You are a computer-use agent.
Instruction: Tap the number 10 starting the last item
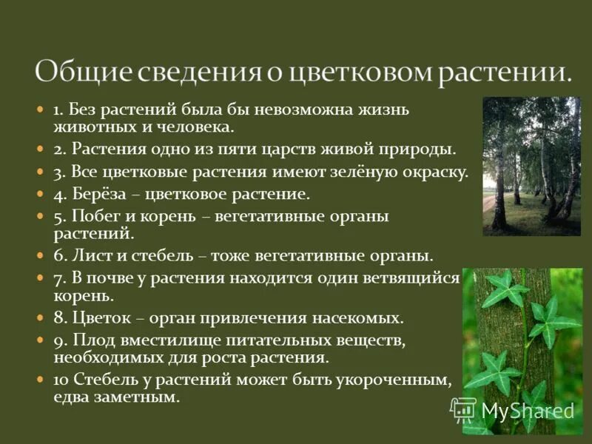(x=61, y=380)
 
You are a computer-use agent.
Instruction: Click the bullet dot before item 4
(x=41, y=195)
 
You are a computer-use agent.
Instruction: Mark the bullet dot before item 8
(x=41, y=318)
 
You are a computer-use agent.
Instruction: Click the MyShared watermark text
(x=527, y=409)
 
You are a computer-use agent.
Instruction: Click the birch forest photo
(x=531, y=166)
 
